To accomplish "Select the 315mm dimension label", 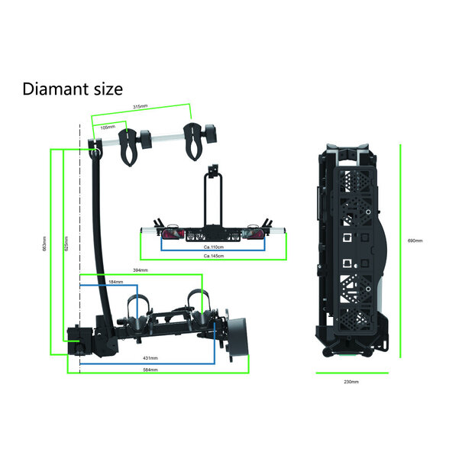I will point(141,107).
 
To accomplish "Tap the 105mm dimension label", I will point(108,127).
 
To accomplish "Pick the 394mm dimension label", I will point(141,270).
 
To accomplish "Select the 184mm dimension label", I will point(116,283).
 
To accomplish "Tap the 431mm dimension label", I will point(150,358).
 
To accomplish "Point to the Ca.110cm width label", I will point(213,247).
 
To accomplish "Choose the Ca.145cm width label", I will point(213,256).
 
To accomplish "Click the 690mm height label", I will point(415,241).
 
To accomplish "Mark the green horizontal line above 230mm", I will point(351,373).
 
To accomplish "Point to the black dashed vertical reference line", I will point(80,229).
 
